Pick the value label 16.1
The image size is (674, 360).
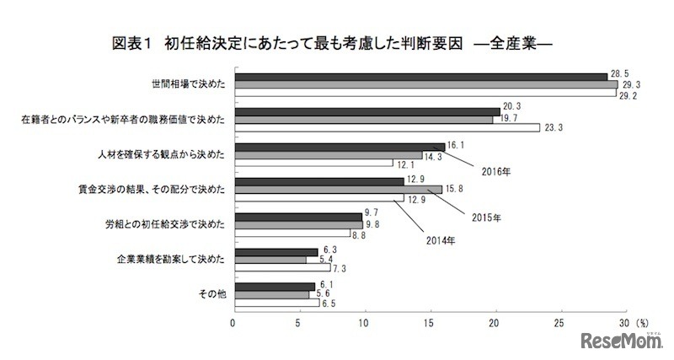click(457, 145)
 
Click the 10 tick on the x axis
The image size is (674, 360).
click(364, 322)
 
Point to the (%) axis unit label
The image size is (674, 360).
click(642, 322)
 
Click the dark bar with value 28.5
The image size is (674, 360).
click(420, 77)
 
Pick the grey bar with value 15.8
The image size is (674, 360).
click(337, 190)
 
